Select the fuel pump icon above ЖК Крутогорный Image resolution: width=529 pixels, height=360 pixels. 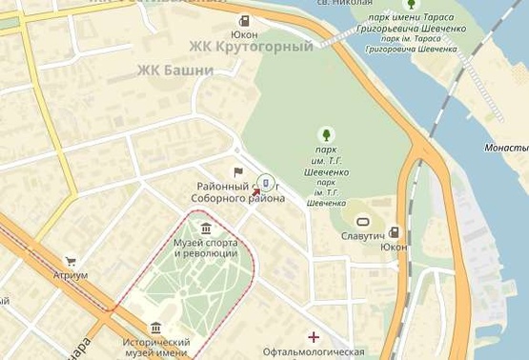pyautogui.click(x=245, y=21)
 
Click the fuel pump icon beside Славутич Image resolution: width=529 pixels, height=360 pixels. pyautogui.click(x=394, y=232)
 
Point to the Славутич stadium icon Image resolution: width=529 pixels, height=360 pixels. pyautogui.click(x=362, y=221)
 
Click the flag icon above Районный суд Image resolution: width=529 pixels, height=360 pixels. pyautogui.click(x=238, y=172)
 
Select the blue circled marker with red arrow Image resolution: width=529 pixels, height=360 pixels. pyautogui.click(x=266, y=183)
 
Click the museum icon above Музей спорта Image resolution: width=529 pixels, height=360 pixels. pyautogui.click(x=206, y=228)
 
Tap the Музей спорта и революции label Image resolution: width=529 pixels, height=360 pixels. pyautogui.click(x=205, y=248)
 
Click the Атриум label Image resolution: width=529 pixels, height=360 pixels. pyautogui.click(x=71, y=275)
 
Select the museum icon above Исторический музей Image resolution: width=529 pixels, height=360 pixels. pyautogui.click(x=155, y=328)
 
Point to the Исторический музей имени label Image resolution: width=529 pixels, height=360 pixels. pyautogui.click(x=155, y=347)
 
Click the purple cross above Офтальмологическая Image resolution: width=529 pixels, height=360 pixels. pyautogui.click(x=314, y=336)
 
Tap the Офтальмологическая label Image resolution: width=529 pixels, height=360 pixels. pyautogui.click(x=314, y=351)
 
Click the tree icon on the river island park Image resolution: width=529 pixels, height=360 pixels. pyautogui.click(x=412, y=5)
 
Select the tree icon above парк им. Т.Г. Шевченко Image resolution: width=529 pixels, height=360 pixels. pyautogui.click(x=327, y=134)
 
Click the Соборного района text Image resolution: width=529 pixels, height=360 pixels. pyautogui.click(x=237, y=198)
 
